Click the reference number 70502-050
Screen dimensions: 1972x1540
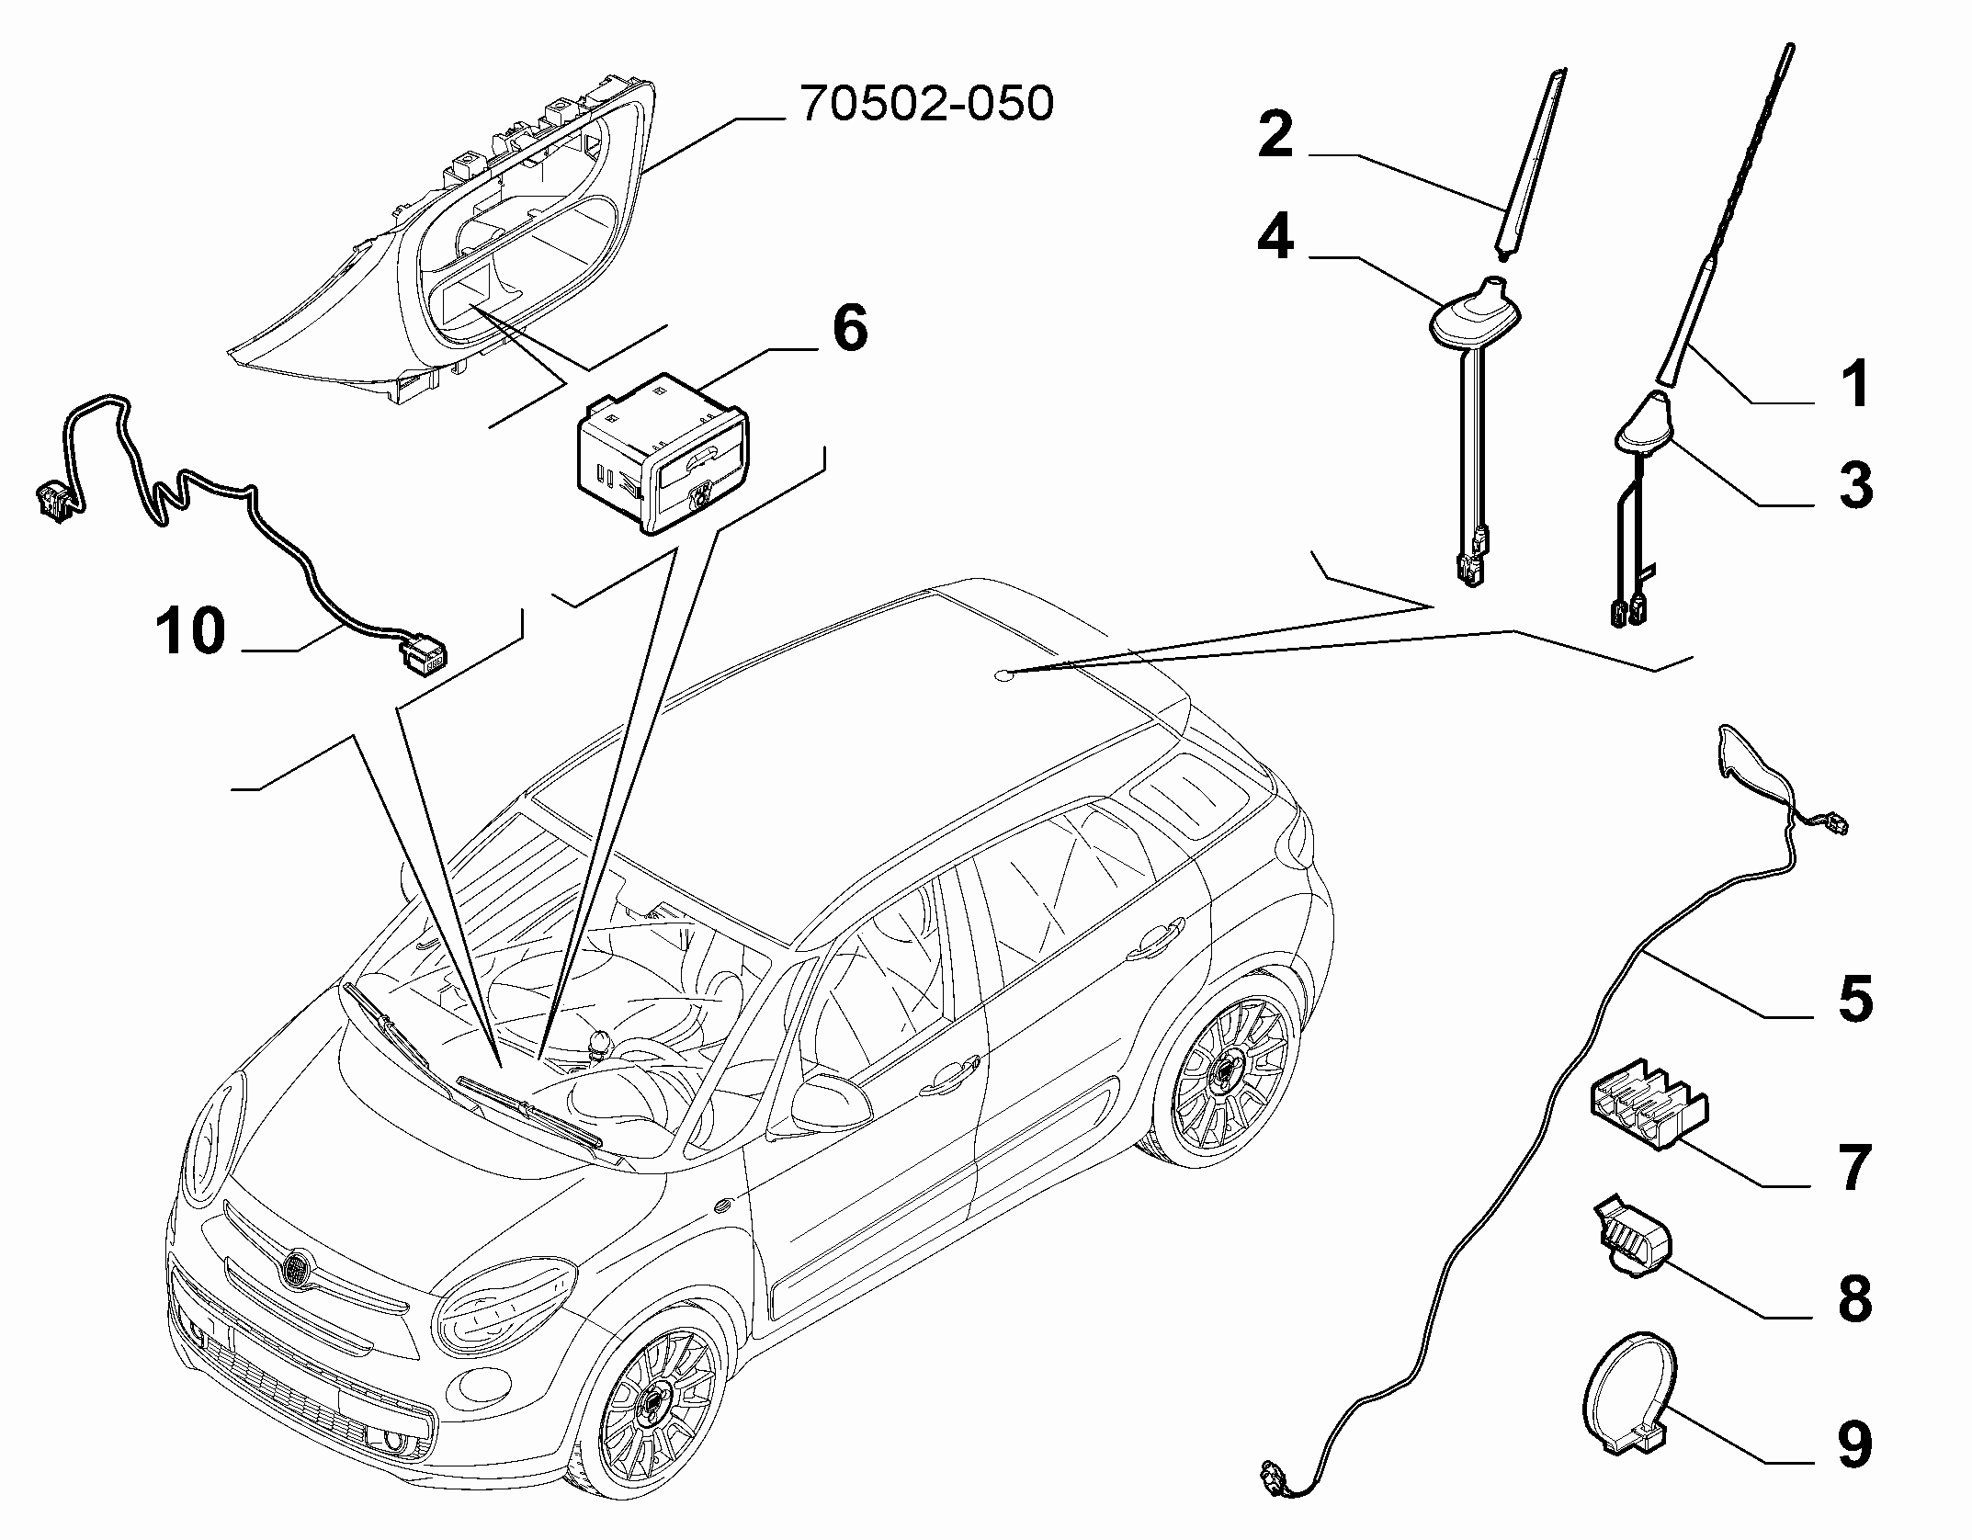[x=926, y=104]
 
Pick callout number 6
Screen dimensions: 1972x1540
[x=849, y=327]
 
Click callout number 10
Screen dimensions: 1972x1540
[x=190, y=630]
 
